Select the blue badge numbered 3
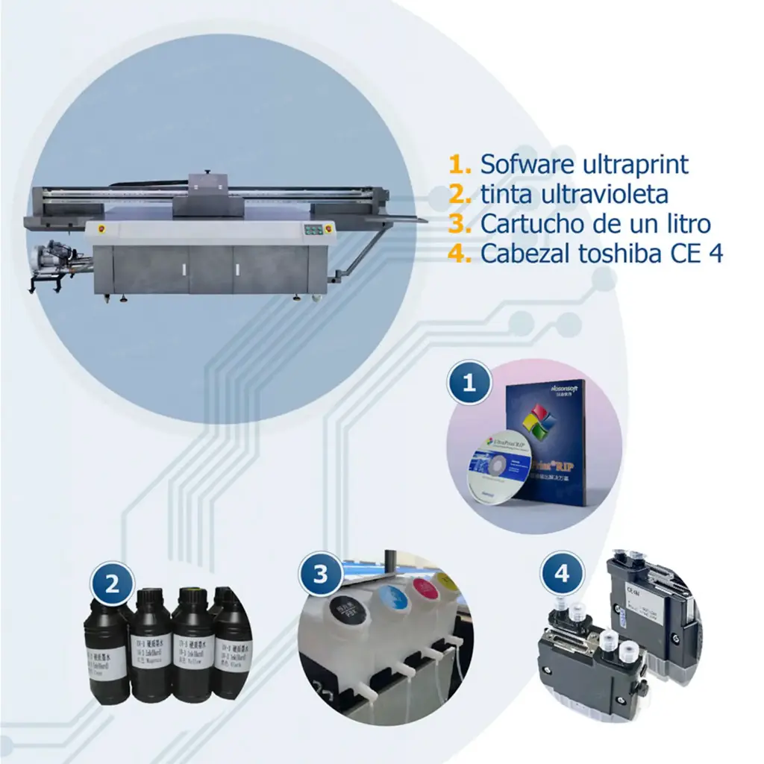(x=321, y=574)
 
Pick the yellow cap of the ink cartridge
(x=448, y=580)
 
